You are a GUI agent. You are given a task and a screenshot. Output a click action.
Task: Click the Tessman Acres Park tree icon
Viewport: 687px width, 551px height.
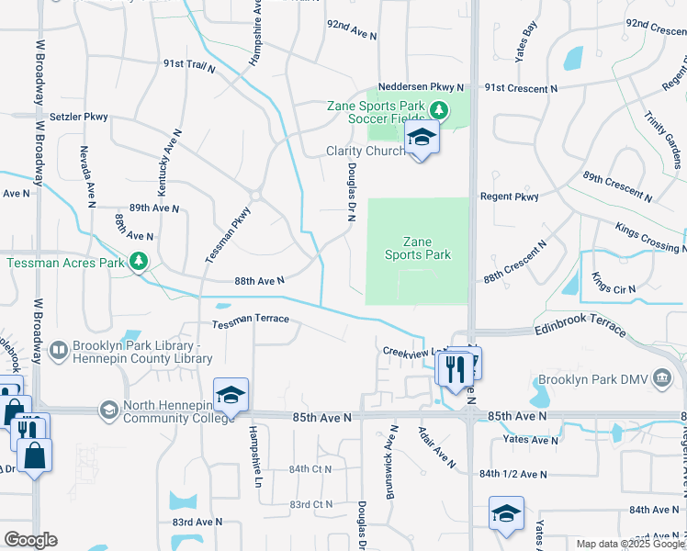[x=139, y=262]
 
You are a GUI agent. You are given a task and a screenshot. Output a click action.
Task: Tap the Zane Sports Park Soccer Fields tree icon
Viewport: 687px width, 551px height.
[x=439, y=111]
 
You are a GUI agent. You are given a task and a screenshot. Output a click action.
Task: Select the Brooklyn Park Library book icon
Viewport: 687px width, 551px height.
[x=58, y=350]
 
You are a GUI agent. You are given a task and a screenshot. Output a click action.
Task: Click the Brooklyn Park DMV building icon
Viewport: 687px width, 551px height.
[x=661, y=377]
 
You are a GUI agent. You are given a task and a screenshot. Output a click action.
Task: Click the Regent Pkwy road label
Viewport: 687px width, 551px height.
[x=509, y=197]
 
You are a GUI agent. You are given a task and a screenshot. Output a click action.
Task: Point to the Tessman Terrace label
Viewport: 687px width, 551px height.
[x=251, y=320]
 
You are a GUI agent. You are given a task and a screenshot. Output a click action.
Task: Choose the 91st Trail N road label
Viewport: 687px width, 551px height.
[x=189, y=65]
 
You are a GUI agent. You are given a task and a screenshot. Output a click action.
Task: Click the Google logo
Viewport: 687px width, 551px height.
[x=30, y=540]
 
